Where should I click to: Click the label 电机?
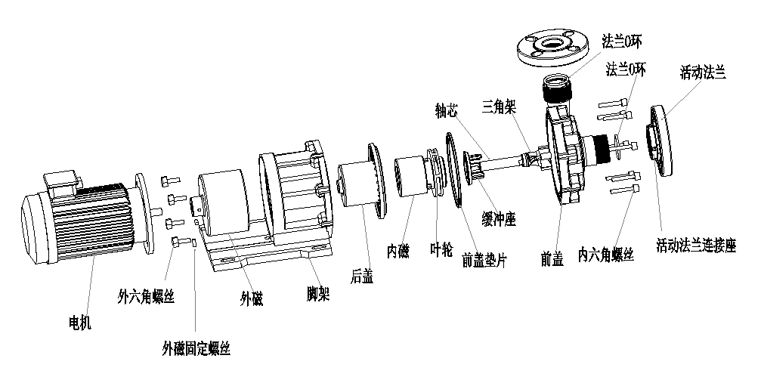point(79,323)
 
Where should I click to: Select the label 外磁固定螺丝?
point(196,348)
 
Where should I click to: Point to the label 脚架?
point(318,292)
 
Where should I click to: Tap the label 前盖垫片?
point(484,261)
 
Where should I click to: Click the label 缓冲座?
point(498,218)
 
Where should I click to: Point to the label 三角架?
point(499,107)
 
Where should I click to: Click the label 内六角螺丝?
point(605,254)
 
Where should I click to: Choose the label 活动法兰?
point(703,73)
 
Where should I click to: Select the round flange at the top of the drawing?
point(555,47)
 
